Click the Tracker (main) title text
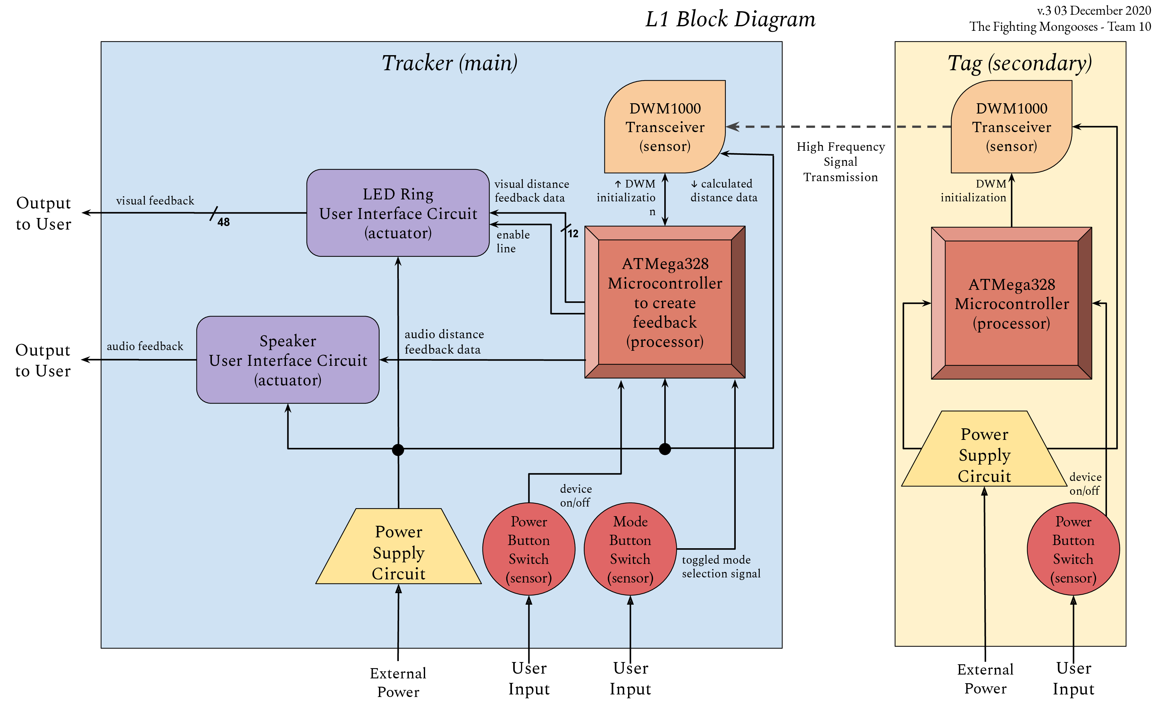449,63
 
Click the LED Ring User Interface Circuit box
398,213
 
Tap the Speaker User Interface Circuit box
288,360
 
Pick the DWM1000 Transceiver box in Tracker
665,127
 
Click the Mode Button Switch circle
630,549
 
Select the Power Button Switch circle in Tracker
529,549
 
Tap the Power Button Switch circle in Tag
1073,549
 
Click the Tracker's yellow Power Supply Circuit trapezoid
399,552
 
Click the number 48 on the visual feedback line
223,222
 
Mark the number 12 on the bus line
573,233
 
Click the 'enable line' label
513,241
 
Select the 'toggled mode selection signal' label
721,567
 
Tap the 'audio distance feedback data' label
444,341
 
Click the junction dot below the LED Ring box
398,449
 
